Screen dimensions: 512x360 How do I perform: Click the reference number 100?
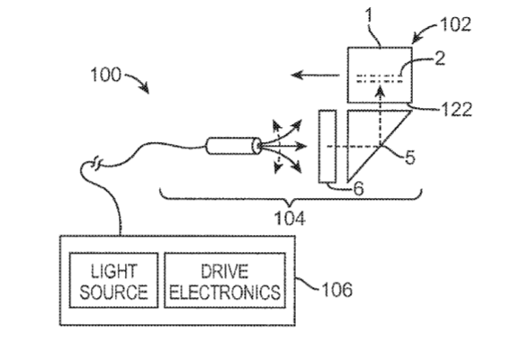coord(105,75)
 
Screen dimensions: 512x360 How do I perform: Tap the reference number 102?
coord(455,24)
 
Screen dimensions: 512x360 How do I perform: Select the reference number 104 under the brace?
coord(290,218)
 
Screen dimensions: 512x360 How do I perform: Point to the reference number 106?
coord(337,290)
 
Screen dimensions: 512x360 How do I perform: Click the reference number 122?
coord(456,109)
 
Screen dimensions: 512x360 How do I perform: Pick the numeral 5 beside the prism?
coord(410,157)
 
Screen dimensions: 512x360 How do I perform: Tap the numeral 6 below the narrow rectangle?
coord(358,188)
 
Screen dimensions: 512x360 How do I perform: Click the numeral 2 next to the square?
coord(440,58)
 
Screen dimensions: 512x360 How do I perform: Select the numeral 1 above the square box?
coord(369,15)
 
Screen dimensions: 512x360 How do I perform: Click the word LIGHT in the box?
coord(113,271)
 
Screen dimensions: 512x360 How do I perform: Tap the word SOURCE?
coord(113,292)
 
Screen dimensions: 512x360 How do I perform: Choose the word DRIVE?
coord(224,271)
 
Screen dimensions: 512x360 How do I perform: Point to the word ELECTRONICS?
coord(225,292)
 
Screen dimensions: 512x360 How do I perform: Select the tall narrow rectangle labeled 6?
coord(328,147)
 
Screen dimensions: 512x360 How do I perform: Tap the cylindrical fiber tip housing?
coord(234,146)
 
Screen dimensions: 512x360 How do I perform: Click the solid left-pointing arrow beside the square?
coord(315,75)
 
